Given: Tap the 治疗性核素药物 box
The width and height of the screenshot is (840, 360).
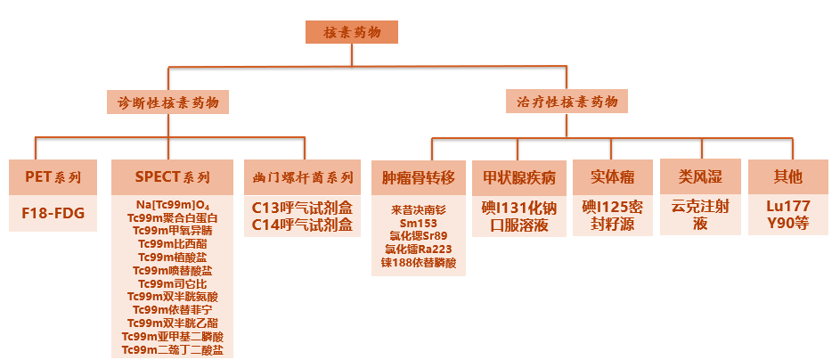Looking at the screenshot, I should (x=567, y=102).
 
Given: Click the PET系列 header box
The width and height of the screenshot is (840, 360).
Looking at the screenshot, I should (x=53, y=176).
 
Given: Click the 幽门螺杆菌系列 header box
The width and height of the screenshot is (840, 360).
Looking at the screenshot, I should (x=302, y=176).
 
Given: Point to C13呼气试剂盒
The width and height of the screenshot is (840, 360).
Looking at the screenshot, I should (x=302, y=209).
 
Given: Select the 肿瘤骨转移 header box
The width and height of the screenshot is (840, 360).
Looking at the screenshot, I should (x=419, y=176).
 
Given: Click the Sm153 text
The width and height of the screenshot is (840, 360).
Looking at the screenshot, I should (x=419, y=223).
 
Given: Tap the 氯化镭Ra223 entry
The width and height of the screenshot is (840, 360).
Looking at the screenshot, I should (x=419, y=250).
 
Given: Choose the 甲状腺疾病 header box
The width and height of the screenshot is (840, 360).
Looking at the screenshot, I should (x=519, y=176).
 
